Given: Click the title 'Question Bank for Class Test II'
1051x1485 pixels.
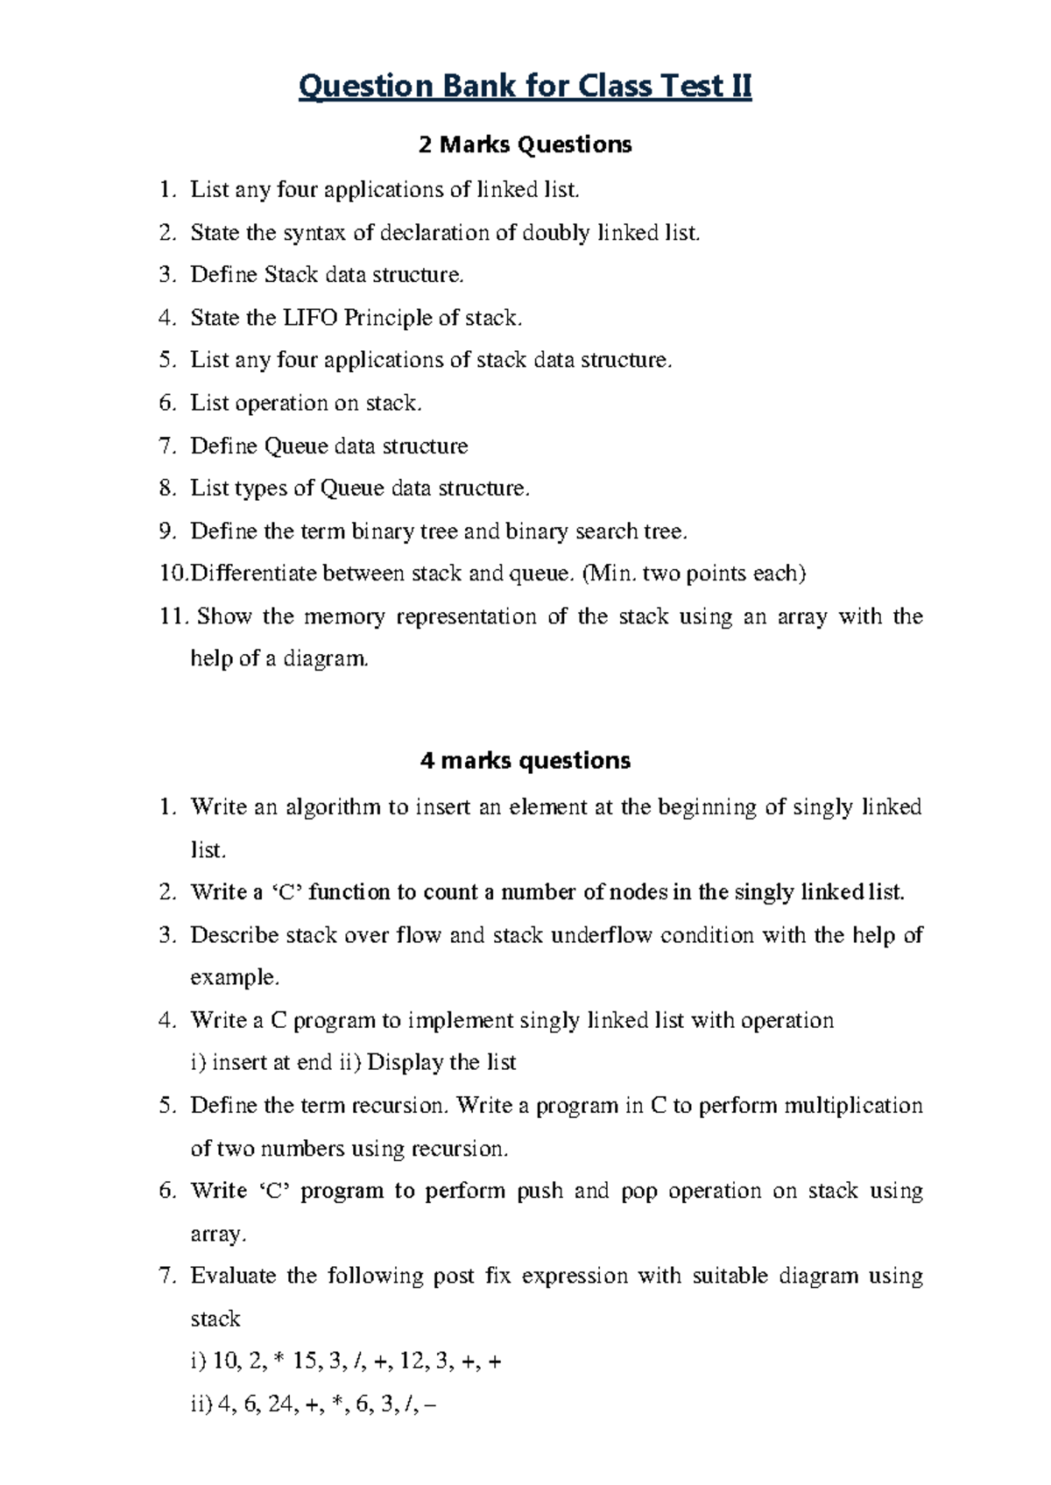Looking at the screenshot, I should pyautogui.click(x=525, y=87).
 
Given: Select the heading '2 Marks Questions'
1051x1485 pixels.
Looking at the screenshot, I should pyautogui.click(x=525, y=144).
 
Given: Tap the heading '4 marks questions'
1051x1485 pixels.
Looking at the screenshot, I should pyautogui.click(x=525, y=760).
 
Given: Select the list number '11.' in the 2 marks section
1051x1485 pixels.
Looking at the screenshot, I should pyautogui.click(x=173, y=616).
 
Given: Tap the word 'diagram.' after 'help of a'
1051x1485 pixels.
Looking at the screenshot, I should pyautogui.click(x=326, y=659).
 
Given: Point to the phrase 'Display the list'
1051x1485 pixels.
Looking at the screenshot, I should pyautogui.click(x=441, y=1062).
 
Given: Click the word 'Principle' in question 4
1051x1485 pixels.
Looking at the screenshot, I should pyautogui.click(x=387, y=318).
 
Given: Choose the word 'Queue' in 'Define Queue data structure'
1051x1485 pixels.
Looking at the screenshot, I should pyautogui.click(x=296, y=447).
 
